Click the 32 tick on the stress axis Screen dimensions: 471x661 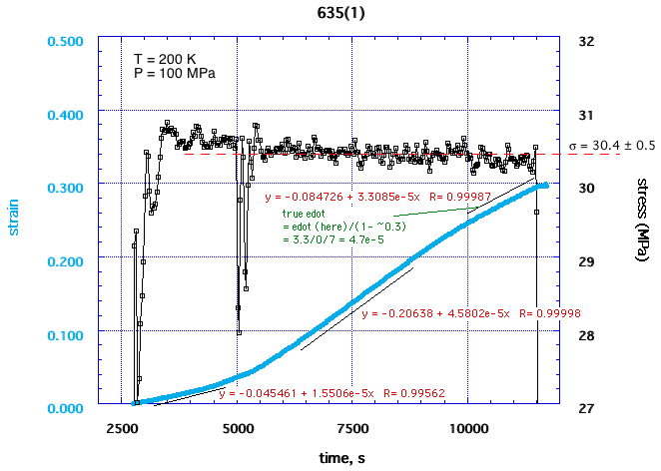587,43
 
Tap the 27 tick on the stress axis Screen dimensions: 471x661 587,408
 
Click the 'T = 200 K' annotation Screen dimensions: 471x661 166,58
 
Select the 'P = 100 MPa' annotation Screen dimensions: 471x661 175,73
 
